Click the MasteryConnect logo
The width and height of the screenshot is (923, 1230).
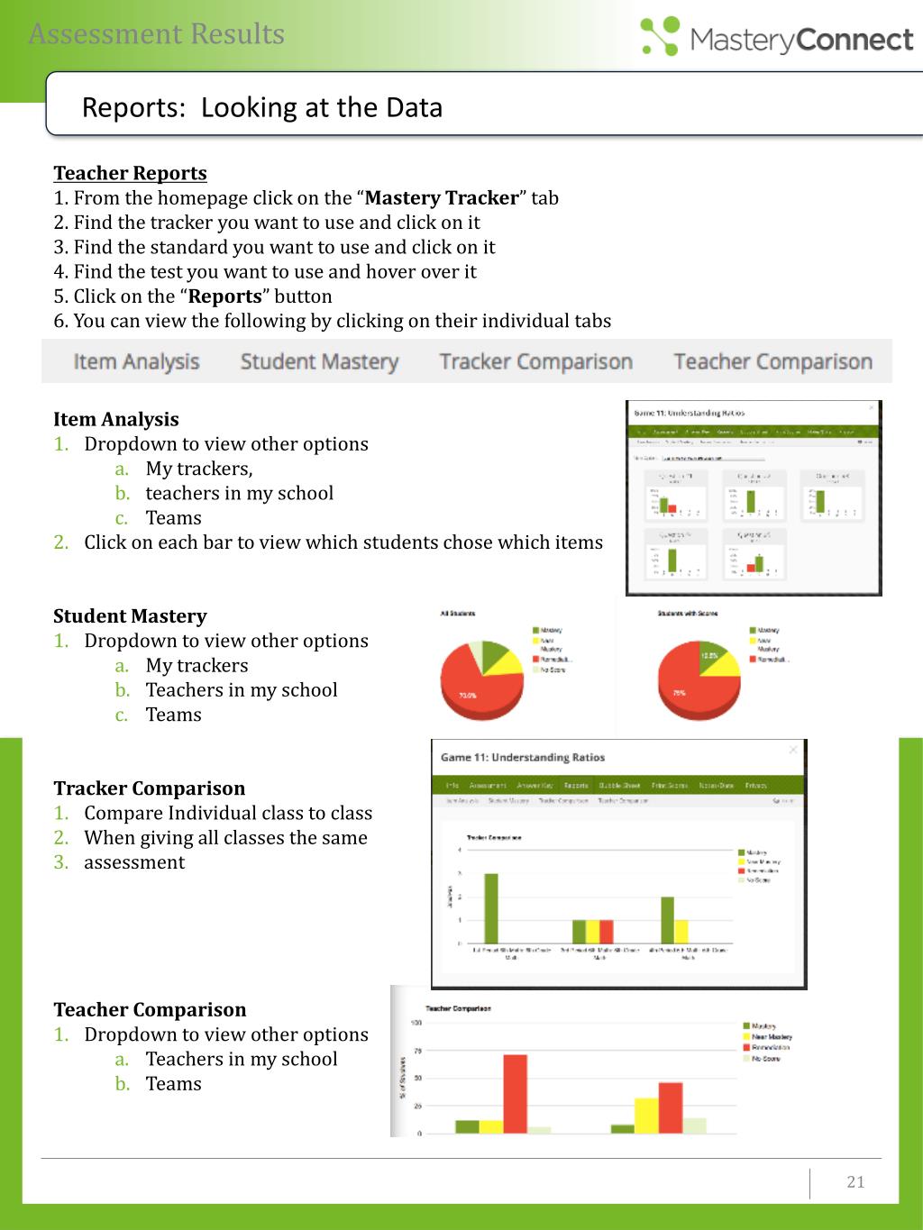point(777,37)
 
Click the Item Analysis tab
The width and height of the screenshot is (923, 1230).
point(136,361)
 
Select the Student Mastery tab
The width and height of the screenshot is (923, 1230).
point(319,361)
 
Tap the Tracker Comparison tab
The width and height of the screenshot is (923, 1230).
point(535,361)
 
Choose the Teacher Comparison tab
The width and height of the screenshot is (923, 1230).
point(772,361)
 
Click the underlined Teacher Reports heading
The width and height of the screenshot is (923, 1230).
point(130,173)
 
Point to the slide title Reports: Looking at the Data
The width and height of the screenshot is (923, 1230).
point(261,107)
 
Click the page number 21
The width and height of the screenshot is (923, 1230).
point(855,1181)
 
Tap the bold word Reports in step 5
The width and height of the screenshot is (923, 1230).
point(225,296)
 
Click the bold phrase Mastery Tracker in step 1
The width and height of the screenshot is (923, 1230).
point(442,198)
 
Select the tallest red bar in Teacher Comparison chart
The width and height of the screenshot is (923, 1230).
point(515,1093)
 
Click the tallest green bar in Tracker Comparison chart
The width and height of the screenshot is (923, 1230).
point(491,907)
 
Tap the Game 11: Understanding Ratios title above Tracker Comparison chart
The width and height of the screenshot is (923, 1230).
point(522,757)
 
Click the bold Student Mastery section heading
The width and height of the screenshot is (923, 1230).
point(130,616)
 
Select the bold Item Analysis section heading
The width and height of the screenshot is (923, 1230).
point(115,419)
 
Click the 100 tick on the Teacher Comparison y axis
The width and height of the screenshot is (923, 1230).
point(416,1023)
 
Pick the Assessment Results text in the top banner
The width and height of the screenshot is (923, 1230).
point(157,34)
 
